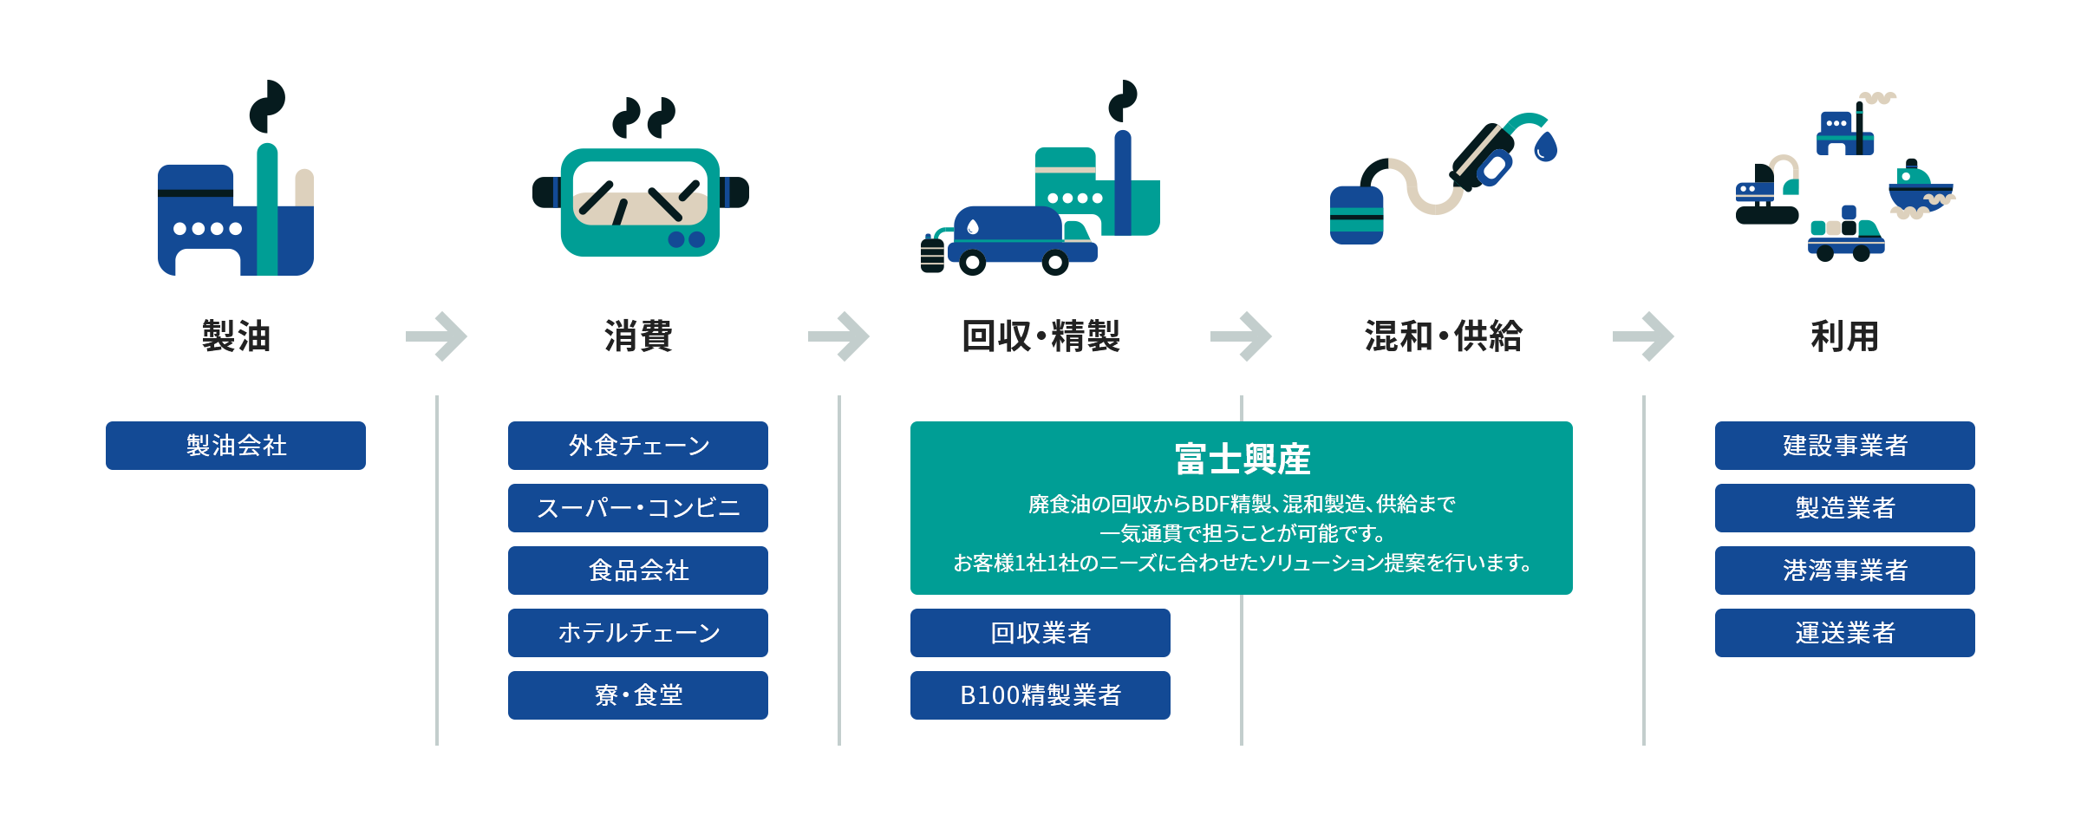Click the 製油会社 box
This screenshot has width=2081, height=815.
point(236,446)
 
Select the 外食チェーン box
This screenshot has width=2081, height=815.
point(638,446)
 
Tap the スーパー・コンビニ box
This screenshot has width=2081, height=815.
point(638,508)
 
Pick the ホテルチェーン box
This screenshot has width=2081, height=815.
point(638,633)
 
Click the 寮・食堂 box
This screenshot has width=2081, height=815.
point(638,695)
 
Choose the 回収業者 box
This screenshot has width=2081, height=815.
point(1040,633)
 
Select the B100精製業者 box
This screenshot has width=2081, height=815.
point(1040,695)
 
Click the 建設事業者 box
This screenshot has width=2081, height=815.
point(1845,446)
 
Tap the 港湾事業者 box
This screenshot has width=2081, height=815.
point(1845,570)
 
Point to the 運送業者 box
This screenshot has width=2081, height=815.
point(1845,633)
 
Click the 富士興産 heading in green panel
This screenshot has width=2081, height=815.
point(1242,460)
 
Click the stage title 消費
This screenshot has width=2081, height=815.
point(638,336)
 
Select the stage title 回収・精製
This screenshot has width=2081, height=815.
point(1040,336)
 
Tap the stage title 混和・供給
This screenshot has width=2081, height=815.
point(1443,336)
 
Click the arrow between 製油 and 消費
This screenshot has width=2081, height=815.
point(437,336)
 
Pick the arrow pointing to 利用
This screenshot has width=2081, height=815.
point(1643,336)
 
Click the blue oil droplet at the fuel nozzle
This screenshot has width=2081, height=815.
point(1546,147)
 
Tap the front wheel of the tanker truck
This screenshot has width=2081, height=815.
point(1055,261)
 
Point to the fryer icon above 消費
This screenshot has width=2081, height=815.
point(640,201)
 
